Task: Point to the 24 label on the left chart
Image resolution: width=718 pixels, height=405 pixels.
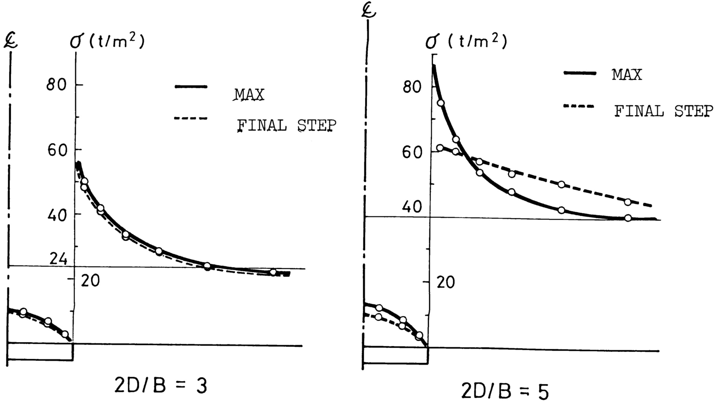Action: [x=58, y=258]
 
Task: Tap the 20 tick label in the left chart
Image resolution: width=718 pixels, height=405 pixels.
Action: [x=90, y=281]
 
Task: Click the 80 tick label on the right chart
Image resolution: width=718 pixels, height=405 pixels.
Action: [x=412, y=87]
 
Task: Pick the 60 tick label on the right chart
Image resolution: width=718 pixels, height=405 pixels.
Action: [x=412, y=153]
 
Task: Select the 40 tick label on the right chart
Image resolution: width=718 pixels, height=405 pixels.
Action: [x=412, y=207]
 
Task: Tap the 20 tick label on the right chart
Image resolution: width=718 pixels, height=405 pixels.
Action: [x=445, y=282]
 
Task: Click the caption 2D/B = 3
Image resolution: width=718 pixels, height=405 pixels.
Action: [x=161, y=386]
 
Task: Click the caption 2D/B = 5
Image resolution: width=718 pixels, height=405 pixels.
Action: [x=505, y=392]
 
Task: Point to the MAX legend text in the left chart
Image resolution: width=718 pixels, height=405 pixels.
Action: [x=249, y=95]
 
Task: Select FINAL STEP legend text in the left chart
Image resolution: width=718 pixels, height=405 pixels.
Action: [x=287, y=125]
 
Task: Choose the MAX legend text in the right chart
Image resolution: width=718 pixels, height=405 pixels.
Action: [x=627, y=74]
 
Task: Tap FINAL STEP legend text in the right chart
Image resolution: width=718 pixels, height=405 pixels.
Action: [x=664, y=111]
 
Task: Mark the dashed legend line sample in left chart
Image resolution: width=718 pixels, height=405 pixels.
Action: [x=191, y=118]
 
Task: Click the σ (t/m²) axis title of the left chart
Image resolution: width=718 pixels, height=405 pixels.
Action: [x=107, y=42]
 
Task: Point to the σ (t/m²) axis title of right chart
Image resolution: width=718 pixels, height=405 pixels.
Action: [x=466, y=42]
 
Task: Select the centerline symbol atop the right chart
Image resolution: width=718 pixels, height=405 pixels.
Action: [x=369, y=11]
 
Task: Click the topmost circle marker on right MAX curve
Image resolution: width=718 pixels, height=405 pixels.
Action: [x=441, y=103]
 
